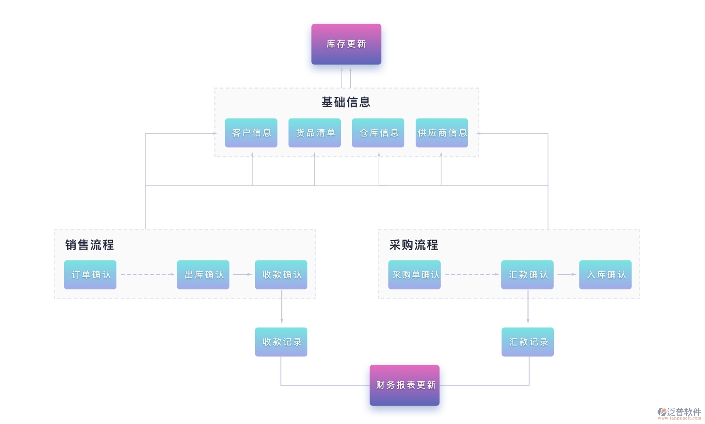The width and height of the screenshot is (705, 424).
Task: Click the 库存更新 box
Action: (x=346, y=44)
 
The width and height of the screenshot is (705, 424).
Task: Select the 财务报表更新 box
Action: (x=404, y=385)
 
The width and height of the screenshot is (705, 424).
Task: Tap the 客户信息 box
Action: (x=251, y=133)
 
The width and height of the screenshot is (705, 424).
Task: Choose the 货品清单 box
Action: (x=314, y=133)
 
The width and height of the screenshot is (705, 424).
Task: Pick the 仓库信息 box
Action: (x=378, y=133)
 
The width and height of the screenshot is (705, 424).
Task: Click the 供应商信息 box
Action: (x=442, y=133)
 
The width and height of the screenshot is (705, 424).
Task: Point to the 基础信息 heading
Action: (x=346, y=102)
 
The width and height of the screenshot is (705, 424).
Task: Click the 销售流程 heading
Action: (x=90, y=245)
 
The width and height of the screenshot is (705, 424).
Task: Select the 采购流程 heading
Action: (x=414, y=245)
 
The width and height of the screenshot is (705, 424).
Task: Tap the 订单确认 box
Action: (x=90, y=275)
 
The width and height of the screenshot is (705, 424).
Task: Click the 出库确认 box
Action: (x=203, y=275)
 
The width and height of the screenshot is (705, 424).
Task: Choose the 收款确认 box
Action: (x=281, y=275)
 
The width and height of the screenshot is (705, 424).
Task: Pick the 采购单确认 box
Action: (x=415, y=275)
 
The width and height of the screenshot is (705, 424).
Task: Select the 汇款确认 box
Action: (x=527, y=275)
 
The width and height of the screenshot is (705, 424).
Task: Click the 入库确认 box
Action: (x=605, y=275)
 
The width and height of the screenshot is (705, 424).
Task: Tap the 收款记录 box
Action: (x=281, y=342)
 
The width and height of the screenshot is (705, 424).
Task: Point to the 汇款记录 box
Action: (x=528, y=342)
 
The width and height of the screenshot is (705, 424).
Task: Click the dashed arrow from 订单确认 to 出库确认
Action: (x=147, y=274)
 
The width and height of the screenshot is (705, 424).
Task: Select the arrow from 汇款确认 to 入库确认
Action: (x=566, y=274)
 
